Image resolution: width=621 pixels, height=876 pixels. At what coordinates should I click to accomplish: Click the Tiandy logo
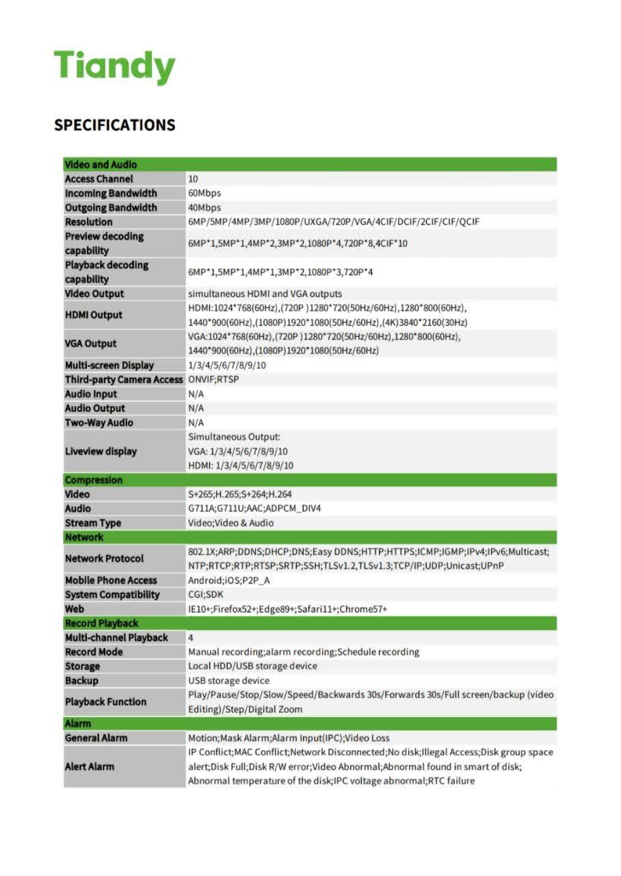click(x=115, y=67)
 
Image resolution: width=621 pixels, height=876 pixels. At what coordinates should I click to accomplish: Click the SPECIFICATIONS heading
click(x=115, y=125)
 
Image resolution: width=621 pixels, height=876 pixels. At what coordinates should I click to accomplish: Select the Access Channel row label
click(x=99, y=179)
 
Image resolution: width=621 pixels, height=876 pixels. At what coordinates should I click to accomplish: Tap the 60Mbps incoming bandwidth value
click(x=204, y=194)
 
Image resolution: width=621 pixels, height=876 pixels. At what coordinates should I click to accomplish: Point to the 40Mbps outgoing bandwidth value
click(x=204, y=208)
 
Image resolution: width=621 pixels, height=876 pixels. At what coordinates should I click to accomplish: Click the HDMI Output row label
click(x=94, y=315)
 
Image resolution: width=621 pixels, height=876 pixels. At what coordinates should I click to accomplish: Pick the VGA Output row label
click(x=91, y=344)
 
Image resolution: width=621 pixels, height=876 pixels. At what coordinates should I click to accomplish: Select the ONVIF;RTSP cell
click(x=213, y=379)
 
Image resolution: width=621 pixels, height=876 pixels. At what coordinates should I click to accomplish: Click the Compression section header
click(x=94, y=480)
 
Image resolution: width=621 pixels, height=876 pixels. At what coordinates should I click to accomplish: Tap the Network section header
click(x=84, y=537)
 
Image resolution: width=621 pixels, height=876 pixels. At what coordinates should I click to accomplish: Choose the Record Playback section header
click(x=101, y=623)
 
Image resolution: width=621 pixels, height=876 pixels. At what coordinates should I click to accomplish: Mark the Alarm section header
click(x=78, y=723)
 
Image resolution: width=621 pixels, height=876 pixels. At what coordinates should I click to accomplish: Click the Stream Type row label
click(x=93, y=523)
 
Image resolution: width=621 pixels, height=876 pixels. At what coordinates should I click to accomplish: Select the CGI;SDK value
click(x=206, y=595)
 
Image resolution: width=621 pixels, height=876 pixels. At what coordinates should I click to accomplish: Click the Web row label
click(x=75, y=609)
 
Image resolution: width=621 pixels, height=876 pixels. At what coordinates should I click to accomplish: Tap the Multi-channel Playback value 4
click(x=191, y=638)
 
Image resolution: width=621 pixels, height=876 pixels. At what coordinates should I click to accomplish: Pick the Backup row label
click(x=82, y=681)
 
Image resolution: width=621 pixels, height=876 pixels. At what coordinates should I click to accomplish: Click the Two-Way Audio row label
click(x=99, y=422)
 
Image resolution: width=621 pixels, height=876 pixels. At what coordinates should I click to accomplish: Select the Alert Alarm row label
click(x=90, y=766)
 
